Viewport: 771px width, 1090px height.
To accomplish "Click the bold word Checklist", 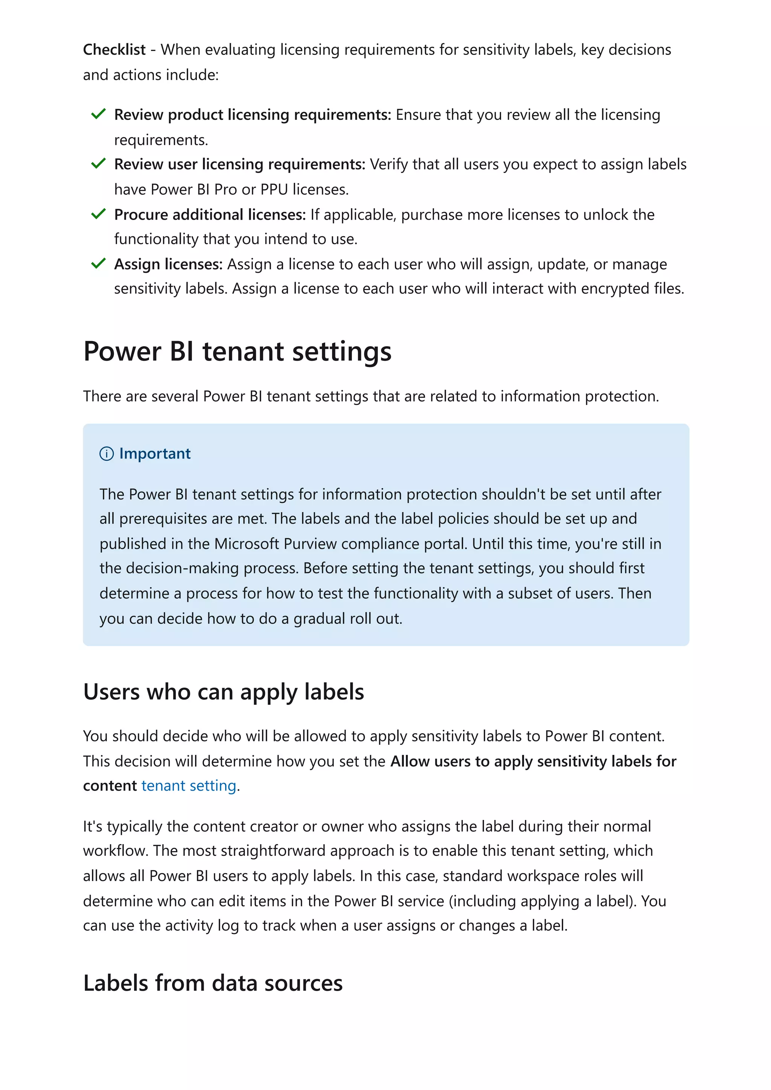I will [x=114, y=49].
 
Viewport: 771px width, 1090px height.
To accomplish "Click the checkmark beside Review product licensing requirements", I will [x=98, y=114].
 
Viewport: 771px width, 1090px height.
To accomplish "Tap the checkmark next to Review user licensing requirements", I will [x=98, y=164].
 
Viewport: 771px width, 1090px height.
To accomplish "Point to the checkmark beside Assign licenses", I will [x=98, y=264].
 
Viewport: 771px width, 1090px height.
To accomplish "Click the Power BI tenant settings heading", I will [x=237, y=352].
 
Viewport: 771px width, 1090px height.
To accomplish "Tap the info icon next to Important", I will [x=107, y=454].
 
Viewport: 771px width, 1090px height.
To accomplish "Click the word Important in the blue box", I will [x=155, y=453].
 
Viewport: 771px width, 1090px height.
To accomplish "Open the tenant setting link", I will [x=189, y=786].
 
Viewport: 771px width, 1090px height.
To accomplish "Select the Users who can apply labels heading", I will [x=223, y=692].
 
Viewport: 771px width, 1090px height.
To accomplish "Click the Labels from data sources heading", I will [x=213, y=983].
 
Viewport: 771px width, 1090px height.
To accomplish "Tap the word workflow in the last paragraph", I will [x=116, y=851].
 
